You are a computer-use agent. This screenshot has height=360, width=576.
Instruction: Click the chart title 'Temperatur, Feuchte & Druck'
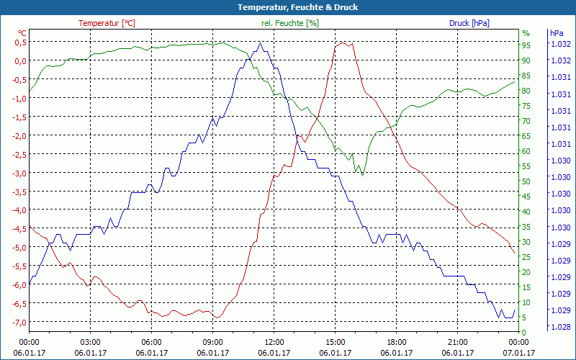click(x=288, y=7)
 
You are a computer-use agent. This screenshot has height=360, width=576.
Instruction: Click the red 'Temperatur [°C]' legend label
click(x=107, y=23)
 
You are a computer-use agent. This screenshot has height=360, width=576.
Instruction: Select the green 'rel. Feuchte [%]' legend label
click(x=289, y=23)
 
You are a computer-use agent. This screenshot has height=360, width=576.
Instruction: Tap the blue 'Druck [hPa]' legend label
click(x=469, y=23)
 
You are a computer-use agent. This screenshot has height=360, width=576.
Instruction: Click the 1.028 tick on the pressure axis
click(x=560, y=327)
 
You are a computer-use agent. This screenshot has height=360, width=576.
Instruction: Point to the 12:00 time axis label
click(x=274, y=342)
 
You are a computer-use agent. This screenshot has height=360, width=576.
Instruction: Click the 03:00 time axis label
click(x=90, y=342)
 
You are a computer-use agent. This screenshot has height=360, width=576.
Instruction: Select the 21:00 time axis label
click(x=457, y=342)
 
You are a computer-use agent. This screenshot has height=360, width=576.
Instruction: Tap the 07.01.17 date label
click(x=518, y=353)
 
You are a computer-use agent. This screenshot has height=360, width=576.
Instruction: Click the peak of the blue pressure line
click(x=261, y=43)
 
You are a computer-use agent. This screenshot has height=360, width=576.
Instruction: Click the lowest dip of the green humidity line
click(x=362, y=175)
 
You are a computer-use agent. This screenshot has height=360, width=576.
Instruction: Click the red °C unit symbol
click(x=22, y=33)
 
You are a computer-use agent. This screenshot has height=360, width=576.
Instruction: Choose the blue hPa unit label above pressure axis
click(x=557, y=33)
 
